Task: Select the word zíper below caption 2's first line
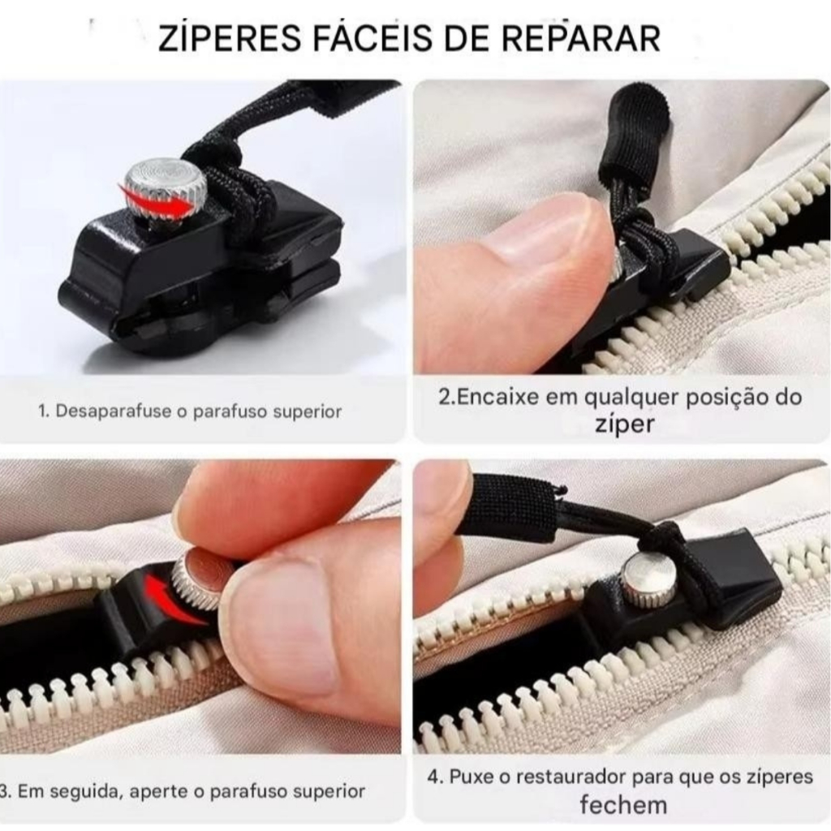point(624,424)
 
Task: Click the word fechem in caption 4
point(623,804)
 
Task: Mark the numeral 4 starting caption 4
point(434,777)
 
